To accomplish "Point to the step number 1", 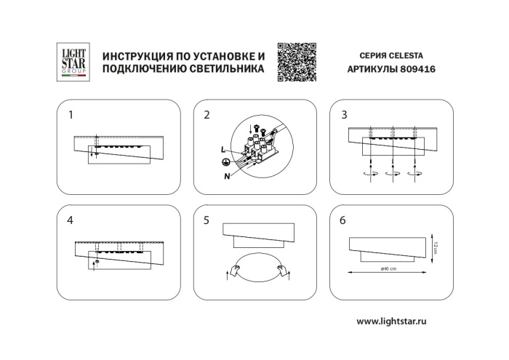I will click(x=71, y=115).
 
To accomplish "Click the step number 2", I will click(x=207, y=115).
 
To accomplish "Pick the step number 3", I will click(x=344, y=115).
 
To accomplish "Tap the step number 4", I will click(x=71, y=220).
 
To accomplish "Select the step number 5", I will click(x=207, y=220).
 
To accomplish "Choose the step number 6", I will click(x=344, y=220).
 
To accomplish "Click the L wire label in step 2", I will click(x=224, y=149).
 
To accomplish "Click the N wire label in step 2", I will click(x=228, y=176).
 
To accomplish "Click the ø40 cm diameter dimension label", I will click(x=388, y=269).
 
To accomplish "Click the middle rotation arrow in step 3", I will click(x=393, y=175).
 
